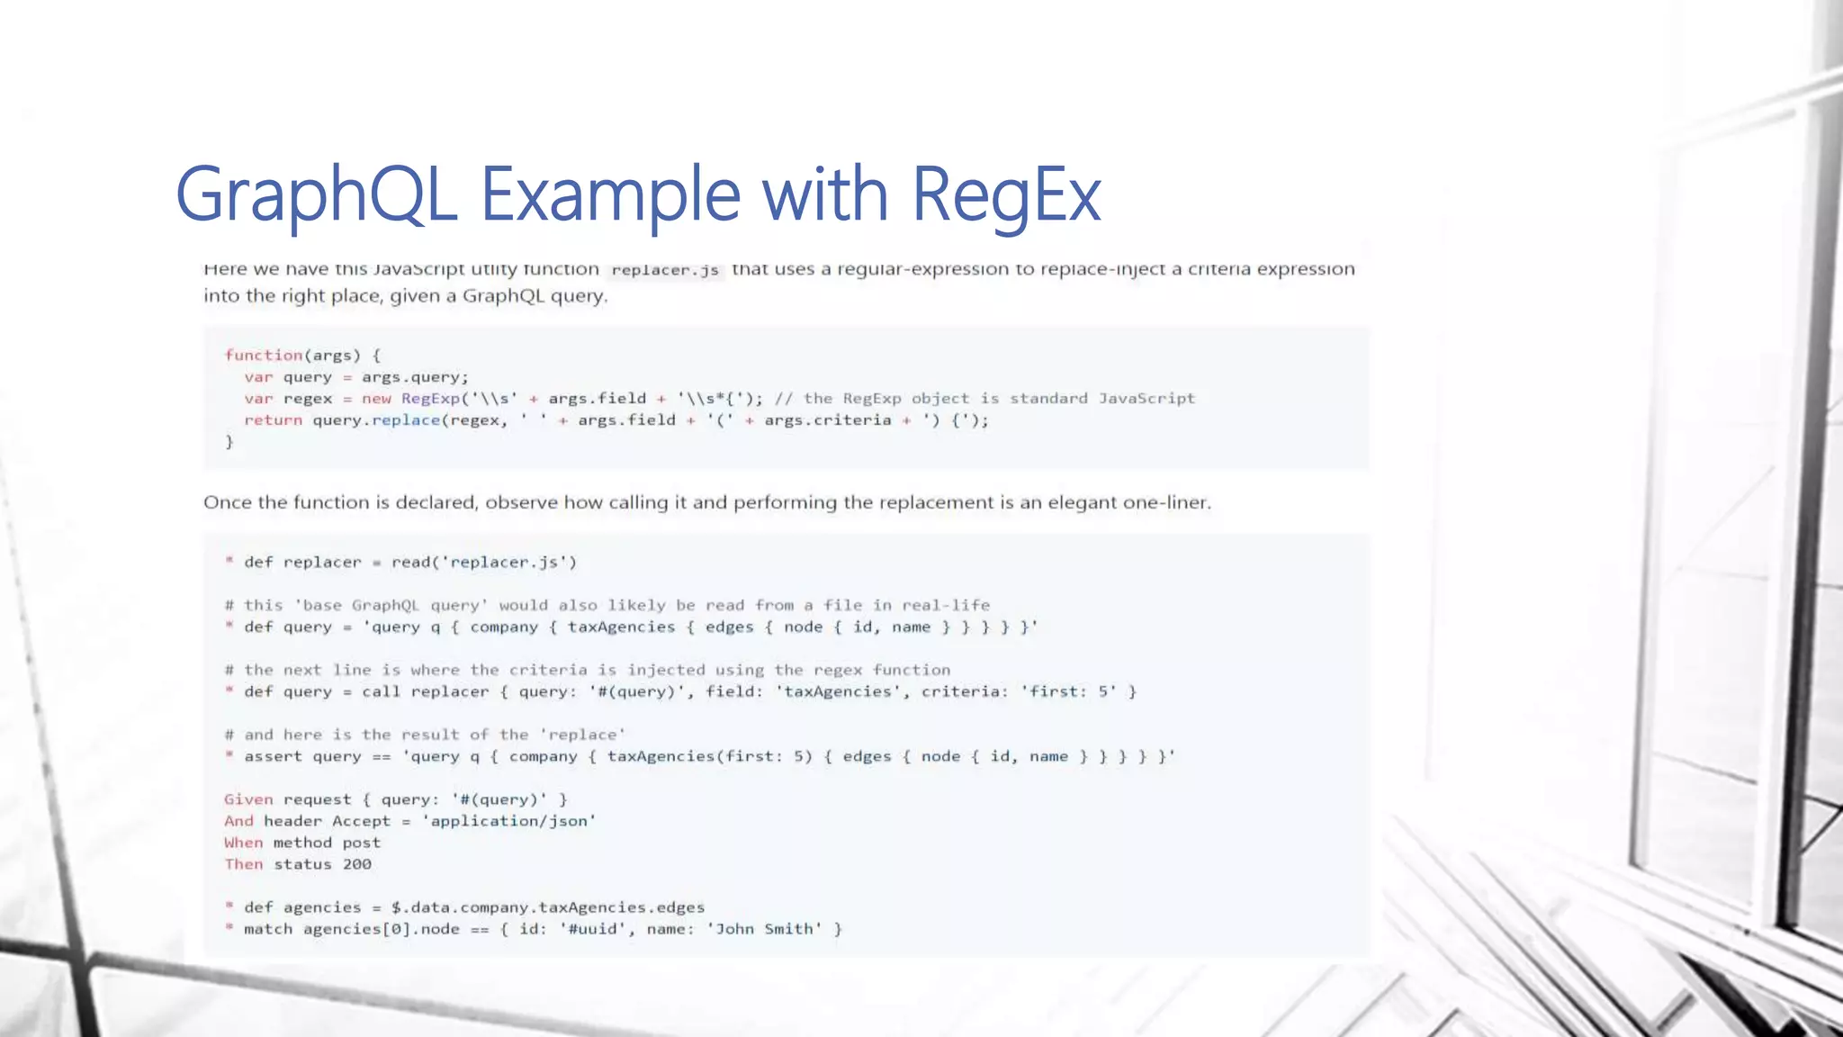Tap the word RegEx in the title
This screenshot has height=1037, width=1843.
pos(1006,194)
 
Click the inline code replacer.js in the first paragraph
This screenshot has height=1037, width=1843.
pos(665,270)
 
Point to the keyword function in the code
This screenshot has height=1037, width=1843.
pos(263,356)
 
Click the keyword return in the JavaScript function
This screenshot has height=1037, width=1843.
pos(273,420)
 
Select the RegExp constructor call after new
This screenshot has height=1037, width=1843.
pos(430,399)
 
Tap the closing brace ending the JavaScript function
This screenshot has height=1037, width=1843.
pos(229,442)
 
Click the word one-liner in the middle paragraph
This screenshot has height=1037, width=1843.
pos(1166,502)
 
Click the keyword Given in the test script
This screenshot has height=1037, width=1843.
pos(248,799)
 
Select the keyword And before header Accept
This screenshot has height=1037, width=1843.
pos(238,821)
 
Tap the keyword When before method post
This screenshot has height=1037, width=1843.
pos(243,843)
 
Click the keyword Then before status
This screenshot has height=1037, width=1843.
pos(243,864)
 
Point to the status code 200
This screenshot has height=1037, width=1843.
pos(356,864)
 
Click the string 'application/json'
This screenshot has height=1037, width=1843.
pos(508,821)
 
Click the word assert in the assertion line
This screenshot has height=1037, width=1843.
pos(273,756)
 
